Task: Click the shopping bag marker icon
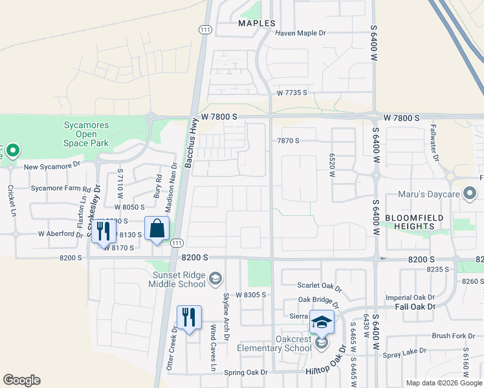click(x=157, y=229)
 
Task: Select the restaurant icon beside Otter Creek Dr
click(x=189, y=318)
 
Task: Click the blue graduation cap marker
click(x=322, y=321)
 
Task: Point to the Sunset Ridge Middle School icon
click(x=215, y=279)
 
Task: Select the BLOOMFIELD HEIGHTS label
click(x=415, y=222)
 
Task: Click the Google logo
click(x=21, y=380)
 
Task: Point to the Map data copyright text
click(x=443, y=383)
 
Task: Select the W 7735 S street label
click(x=291, y=93)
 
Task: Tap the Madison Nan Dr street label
click(x=172, y=184)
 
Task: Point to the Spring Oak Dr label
click(x=245, y=372)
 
